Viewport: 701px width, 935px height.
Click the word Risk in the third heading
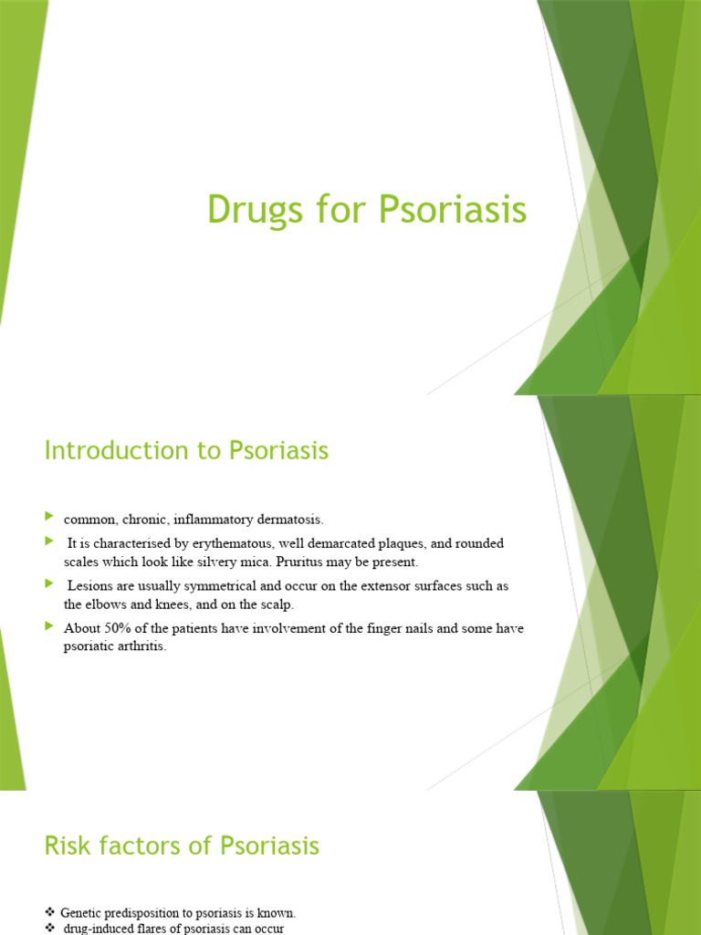pyautogui.click(x=62, y=846)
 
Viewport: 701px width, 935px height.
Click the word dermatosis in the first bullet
pyautogui.click(x=291, y=520)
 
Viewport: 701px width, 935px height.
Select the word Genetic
pyautogui.click(x=83, y=912)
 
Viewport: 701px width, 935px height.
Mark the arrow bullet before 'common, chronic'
pyautogui.click(x=49, y=518)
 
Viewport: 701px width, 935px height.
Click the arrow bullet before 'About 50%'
pyautogui.click(x=49, y=625)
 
